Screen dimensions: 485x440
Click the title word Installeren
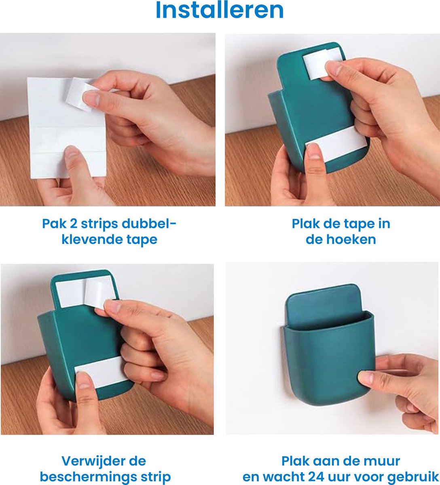point(219,11)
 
